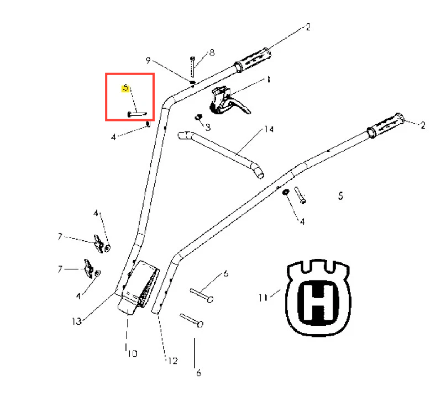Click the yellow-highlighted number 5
pyautogui.click(x=125, y=88)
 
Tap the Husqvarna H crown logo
pyautogui.click(x=318, y=298)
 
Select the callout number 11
pyautogui.click(x=263, y=298)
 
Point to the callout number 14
pyautogui.click(x=269, y=129)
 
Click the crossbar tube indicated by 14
pyautogui.click(x=221, y=154)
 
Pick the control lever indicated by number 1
pyautogui.click(x=229, y=101)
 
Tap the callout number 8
pyautogui.click(x=212, y=52)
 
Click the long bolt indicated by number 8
pyautogui.click(x=192, y=67)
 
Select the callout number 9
pyautogui.click(x=148, y=60)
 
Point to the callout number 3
pyautogui.click(x=208, y=127)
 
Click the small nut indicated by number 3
pyautogui.click(x=198, y=117)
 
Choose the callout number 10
pyautogui.click(x=132, y=353)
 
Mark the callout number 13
pyautogui.click(x=77, y=321)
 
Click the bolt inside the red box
pyautogui.click(x=137, y=114)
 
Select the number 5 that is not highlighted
pyautogui.click(x=341, y=195)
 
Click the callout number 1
pyautogui.click(x=268, y=80)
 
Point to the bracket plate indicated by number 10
pyautogui.click(x=139, y=288)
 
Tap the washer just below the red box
pyautogui.click(x=148, y=124)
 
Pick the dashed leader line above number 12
pyautogui.click(x=162, y=337)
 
